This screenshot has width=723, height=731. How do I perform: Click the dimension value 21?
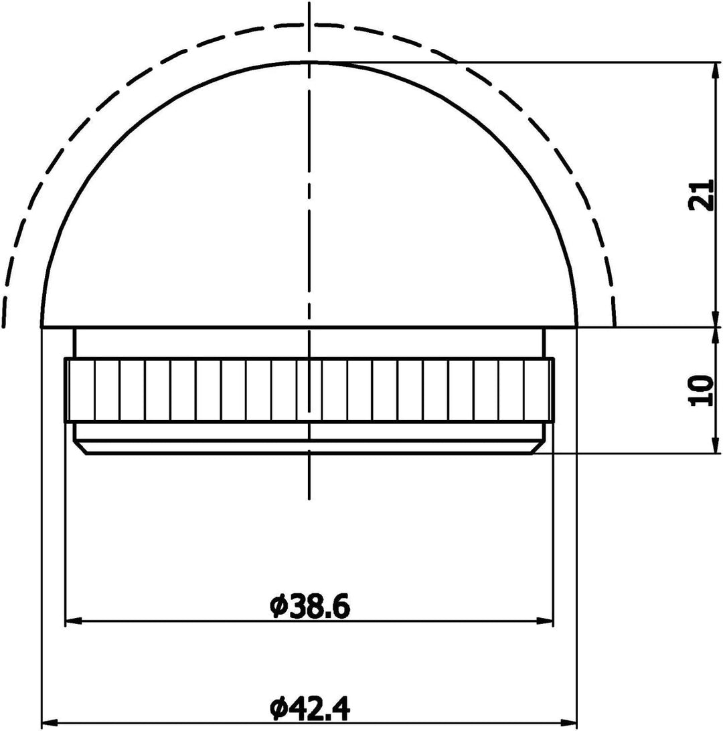point(699,195)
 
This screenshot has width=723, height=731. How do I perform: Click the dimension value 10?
point(699,391)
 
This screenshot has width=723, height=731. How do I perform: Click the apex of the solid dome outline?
point(309,62)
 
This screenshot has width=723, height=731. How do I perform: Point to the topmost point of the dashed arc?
point(309,24)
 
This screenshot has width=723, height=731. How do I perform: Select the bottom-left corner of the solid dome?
point(42,327)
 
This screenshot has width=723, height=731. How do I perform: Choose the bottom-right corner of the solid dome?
point(576,327)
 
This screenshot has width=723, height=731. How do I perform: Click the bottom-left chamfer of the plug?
point(80,448)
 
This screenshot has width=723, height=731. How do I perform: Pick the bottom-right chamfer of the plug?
point(540,448)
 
